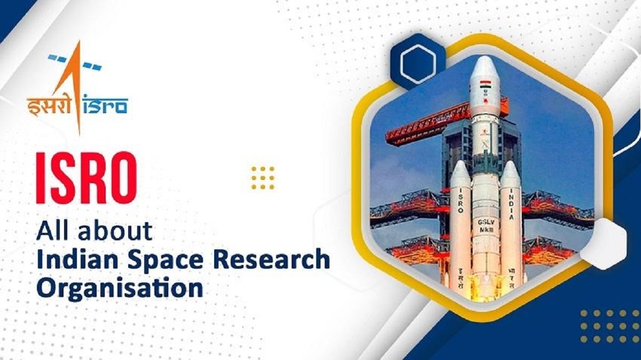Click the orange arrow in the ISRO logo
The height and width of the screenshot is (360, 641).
[x=77, y=80]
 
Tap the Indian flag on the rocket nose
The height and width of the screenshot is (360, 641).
[x=485, y=84]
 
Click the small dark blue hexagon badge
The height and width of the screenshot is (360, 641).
[x=418, y=61]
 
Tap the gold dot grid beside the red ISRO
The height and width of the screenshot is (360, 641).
[x=263, y=177]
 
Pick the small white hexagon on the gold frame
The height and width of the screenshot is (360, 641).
[x=603, y=243]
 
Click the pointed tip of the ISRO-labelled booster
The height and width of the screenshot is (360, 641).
[x=460, y=163]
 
